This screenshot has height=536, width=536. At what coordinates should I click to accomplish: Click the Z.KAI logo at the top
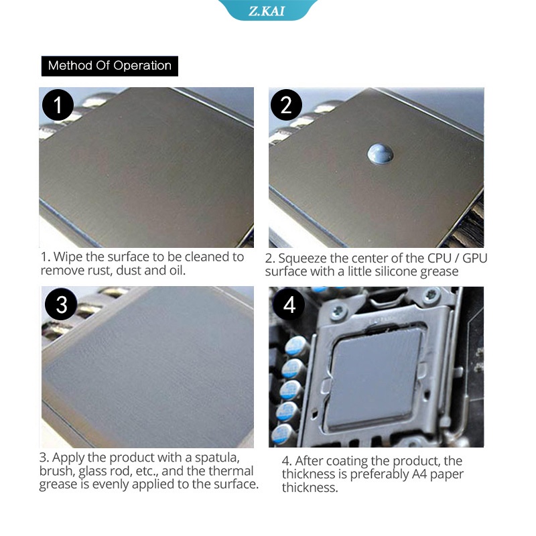click(x=266, y=11)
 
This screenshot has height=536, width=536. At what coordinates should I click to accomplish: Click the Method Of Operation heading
click(x=110, y=66)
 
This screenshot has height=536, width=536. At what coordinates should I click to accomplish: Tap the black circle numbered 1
click(x=58, y=105)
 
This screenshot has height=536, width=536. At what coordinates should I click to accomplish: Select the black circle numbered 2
click(x=286, y=105)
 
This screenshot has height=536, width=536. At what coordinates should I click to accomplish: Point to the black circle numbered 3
click(x=61, y=304)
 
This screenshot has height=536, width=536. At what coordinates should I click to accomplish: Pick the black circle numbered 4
click(x=289, y=304)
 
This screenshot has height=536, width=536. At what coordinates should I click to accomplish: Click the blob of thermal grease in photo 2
click(x=380, y=153)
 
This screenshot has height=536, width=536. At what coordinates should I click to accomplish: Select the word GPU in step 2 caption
click(x=475, y=258)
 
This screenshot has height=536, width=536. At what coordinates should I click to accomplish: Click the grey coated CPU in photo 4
click(x=375, y=379)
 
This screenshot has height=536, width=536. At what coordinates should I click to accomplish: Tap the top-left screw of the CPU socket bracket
click(x=338, y=310)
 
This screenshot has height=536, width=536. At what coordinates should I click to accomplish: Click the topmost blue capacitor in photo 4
click(x=296, y=346)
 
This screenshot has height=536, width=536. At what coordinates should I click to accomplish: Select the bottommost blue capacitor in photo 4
click(x=282, y=433)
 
